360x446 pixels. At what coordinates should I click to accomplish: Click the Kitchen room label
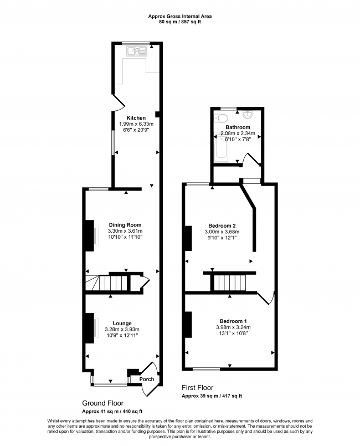[x=136, y=118]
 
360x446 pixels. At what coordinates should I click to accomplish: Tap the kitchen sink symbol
[x=137, y=52]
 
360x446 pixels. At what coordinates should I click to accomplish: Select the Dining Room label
[x=125, y=225]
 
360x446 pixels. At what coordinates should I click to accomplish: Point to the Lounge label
[x=122, y=323]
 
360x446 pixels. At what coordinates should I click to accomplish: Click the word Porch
[x=146, y=379]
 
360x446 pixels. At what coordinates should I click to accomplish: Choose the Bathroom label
[x=238, y=127]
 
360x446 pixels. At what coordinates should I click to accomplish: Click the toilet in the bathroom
[x=221, y=118]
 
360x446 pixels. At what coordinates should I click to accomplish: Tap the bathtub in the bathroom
[x=222, y=148]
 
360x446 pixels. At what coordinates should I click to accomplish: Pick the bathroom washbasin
[x=248, y=114]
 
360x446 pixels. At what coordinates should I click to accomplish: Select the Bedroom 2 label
[x=222, y=225]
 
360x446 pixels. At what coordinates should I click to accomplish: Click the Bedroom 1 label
[x=233, y=321]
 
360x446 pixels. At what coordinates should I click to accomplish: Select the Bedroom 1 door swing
[x=266, y=298]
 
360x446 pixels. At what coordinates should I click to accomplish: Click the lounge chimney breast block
[x=90, y=328]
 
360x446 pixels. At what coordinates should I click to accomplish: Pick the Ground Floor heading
[x=102, y=403]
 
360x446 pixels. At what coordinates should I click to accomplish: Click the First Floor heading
[x=197, y=387]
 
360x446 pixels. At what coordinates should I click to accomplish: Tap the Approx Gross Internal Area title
[x=179, y=16]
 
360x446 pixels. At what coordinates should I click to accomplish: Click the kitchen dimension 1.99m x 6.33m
[x=136, y=124]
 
